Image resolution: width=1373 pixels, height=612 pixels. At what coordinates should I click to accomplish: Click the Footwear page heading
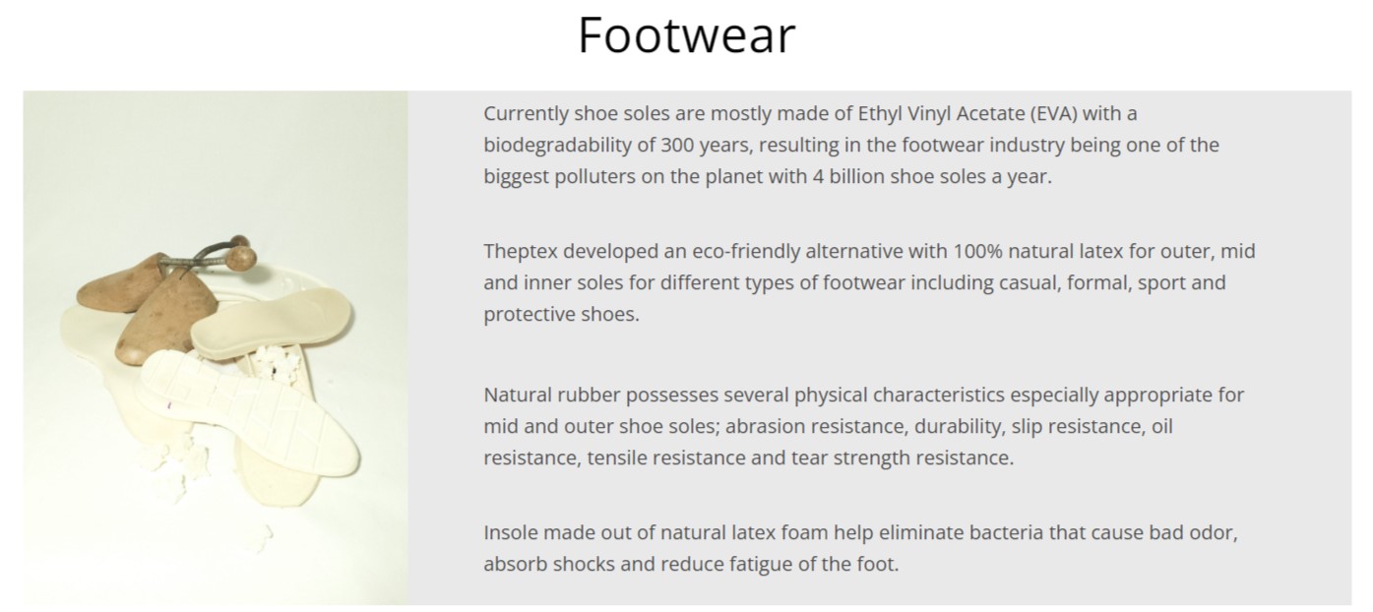[x=687, y=35]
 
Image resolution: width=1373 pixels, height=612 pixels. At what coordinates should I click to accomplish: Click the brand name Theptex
[x=520, y=252]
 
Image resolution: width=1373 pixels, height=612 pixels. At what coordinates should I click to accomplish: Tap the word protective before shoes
[x=529, y=314]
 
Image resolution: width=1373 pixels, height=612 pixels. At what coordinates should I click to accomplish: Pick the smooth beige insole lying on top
[x=271, y=323]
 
